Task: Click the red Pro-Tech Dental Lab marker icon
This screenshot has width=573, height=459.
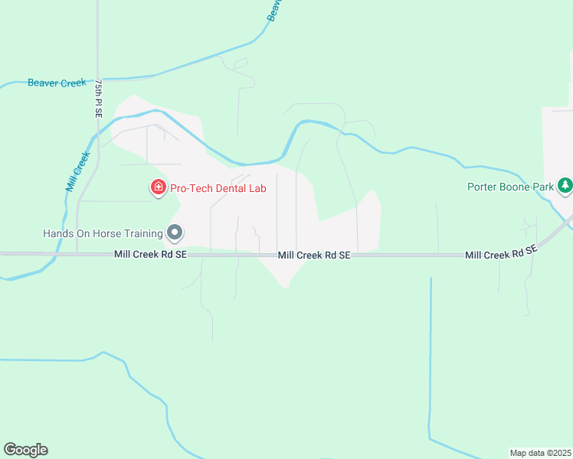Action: point(159,187)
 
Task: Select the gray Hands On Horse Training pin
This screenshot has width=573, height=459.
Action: point(175,233)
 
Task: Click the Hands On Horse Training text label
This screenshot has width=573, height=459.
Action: point(103,233)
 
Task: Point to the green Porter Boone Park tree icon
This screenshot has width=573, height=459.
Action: point(565,185)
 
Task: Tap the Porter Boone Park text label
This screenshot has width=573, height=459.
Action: point(511,186)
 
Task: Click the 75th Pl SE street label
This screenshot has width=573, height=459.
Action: point(98,97)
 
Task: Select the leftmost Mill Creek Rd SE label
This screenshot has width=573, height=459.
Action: point(150,254)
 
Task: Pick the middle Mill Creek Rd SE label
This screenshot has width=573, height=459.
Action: point(314,255)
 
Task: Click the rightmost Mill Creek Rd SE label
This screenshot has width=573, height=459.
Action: point(501,252)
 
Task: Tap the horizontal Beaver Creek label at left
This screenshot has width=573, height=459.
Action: point(57,83)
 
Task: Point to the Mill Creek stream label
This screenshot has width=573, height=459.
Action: point(77,171)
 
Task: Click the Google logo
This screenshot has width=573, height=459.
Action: point(25,450)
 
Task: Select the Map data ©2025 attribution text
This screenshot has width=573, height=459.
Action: point(540,452)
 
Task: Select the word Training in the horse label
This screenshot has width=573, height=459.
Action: point(142,233)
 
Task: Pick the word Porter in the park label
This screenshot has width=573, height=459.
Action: point(483,186)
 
